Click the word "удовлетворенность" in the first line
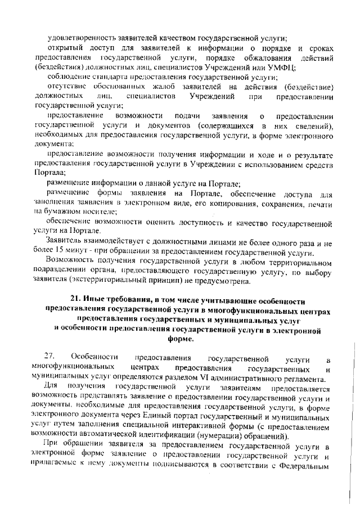[80, 39]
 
